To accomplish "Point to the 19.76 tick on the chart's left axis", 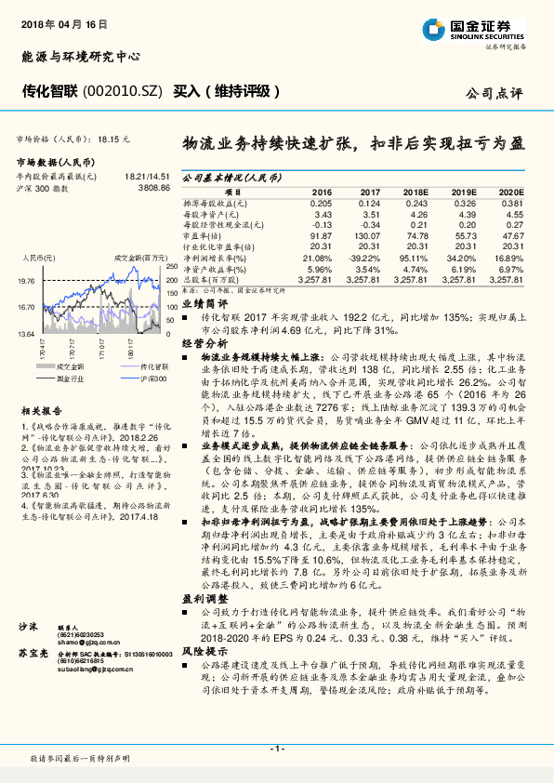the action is click(26, 280).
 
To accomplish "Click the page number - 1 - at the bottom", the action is click(276, 748).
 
